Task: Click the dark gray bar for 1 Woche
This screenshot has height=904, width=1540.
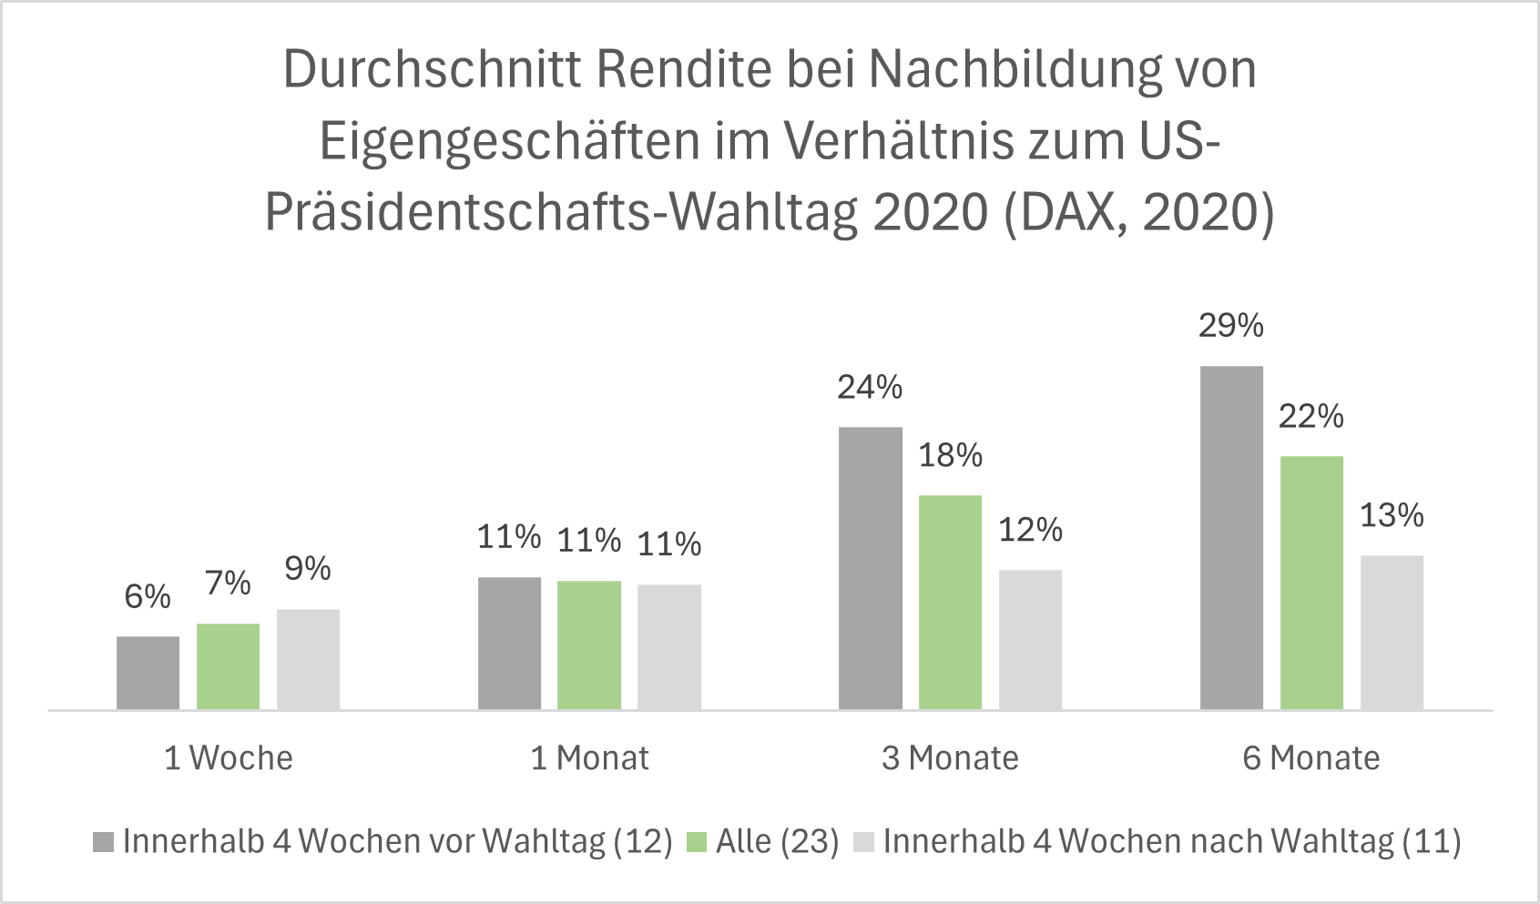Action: tap(148, 673)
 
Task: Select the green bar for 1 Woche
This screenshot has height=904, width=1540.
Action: tap(228, 666)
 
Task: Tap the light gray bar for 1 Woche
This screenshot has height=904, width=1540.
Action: tap(308, 659)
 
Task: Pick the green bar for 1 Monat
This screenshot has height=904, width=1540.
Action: tap(588, 645)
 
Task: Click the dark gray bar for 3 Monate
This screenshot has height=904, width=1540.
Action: tap(870, 568)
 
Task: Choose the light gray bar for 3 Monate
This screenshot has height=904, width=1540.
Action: tap(1030, 639)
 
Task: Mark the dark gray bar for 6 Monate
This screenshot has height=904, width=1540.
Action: tap(1231, 537)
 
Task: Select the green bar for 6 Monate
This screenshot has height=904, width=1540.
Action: tap(1311, 583)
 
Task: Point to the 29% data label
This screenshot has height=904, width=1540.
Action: tap(1230, 326)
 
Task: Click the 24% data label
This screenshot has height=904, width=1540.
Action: tap(870, 388)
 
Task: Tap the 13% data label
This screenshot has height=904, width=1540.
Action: tap(1391, 516)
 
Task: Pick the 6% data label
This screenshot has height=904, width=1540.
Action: tap(148, 597)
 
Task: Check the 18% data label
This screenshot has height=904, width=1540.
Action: tap(950, 455)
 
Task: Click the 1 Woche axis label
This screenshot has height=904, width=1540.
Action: tap(229, 758)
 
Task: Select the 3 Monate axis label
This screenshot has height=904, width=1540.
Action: tap(950, 758)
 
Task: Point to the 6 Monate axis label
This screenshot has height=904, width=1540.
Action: tap(1311, 758)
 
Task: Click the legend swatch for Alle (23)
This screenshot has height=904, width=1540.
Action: tap(697, 842)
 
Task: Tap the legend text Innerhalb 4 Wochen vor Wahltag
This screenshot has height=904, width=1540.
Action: tap(397, 842)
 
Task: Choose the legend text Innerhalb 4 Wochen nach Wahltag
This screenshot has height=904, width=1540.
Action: tap(1171, 842)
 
